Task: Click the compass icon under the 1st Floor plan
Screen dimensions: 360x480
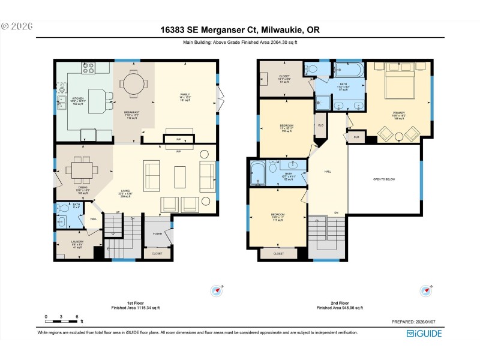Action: [x=216, y=291]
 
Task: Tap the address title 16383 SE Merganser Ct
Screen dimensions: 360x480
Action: [x=239, y=29]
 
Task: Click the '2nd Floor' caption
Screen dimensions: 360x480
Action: [x=340, y=303]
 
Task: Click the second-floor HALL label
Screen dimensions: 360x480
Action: [x=328, y=171]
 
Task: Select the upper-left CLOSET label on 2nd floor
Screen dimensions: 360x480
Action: [x=284, y=77]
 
